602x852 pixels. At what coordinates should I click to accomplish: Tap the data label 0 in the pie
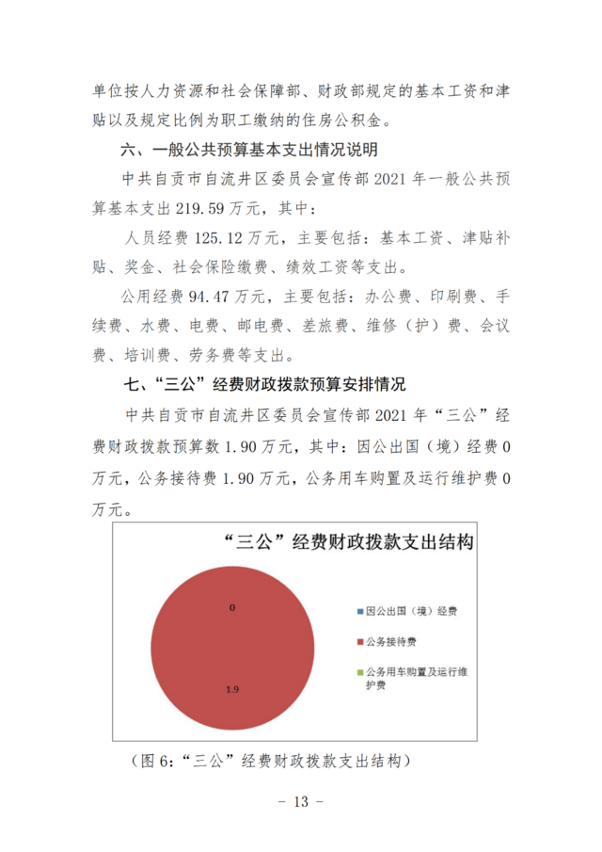pos(231,607)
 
